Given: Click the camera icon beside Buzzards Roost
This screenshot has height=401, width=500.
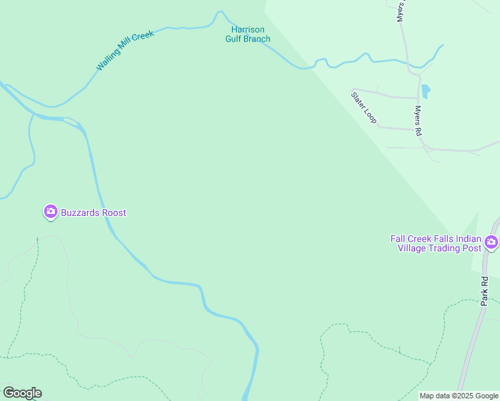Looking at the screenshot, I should coord(50,213).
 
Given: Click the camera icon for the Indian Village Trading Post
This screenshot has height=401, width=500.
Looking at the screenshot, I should coord(492,242).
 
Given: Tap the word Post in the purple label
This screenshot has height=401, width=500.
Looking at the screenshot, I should coord(472,248).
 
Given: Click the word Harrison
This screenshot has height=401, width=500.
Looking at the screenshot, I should coord(248,29).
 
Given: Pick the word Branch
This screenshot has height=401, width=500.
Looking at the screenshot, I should coord(258,39).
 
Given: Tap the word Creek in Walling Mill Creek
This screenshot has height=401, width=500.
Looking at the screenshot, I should coord(143,35).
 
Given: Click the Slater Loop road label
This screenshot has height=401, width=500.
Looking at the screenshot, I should coord(364,107).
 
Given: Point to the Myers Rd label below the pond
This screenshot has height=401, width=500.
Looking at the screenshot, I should coord(418,121).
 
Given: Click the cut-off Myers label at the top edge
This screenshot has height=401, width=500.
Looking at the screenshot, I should coord(400,11).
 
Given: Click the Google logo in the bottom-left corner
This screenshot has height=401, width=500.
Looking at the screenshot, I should coord(22,393).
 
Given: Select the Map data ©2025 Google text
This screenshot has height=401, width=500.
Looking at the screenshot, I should coord(459,396).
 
